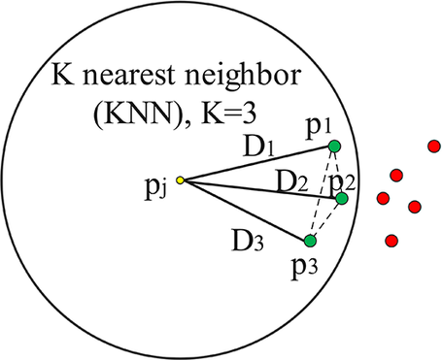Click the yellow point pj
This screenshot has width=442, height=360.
(180, 180)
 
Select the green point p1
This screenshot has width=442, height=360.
(334, 147)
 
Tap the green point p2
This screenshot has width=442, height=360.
(342, 198)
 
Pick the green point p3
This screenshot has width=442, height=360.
(310, 241)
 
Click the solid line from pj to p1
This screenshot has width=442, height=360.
(256, 163)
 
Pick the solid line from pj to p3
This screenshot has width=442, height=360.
(245, 211)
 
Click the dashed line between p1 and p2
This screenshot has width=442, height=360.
(338, 172)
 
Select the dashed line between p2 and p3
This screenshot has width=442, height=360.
(326, 219)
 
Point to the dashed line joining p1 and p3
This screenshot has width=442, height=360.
(322, 194)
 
